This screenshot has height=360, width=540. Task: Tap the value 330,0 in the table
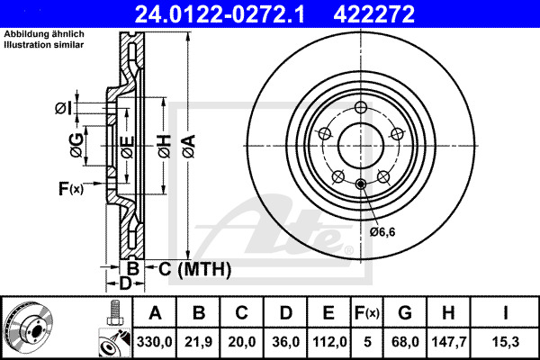(156, 341)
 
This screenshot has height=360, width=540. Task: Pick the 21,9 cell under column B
(199, 341)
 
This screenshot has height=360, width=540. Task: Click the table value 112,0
(328, 341)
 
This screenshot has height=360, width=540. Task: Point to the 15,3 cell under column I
(509, 341)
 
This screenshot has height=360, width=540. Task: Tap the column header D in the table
(285, 313)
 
